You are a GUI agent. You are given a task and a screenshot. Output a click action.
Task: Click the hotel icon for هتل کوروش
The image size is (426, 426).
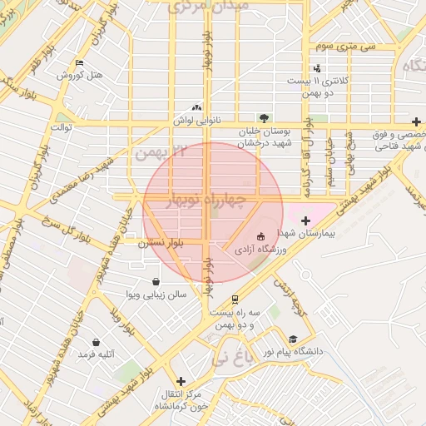tap(79, 63)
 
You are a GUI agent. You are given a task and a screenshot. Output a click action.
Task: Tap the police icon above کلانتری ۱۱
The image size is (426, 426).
tap(316, 68)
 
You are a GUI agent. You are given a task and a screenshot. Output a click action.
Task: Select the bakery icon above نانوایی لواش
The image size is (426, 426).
tap(196, 107)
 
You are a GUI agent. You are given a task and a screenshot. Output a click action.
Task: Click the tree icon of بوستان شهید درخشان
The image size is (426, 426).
tap(264, 118)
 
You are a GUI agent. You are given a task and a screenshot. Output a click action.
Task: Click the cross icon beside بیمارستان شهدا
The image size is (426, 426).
tap(305, 220)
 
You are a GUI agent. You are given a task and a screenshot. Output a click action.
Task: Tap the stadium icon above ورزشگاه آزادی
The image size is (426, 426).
tap(261, 237)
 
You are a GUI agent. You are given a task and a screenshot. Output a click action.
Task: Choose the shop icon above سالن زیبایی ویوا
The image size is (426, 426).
tap(156, 281)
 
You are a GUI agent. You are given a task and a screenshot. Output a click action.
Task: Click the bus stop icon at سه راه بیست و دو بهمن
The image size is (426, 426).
tap(235, 299)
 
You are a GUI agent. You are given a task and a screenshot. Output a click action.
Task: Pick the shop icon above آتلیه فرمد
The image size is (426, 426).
tap(96, 341)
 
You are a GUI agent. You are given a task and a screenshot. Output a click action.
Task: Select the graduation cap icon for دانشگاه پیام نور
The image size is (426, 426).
tap(293, 339)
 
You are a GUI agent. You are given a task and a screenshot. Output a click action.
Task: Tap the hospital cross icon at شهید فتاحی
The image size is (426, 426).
tap(416, 121)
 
